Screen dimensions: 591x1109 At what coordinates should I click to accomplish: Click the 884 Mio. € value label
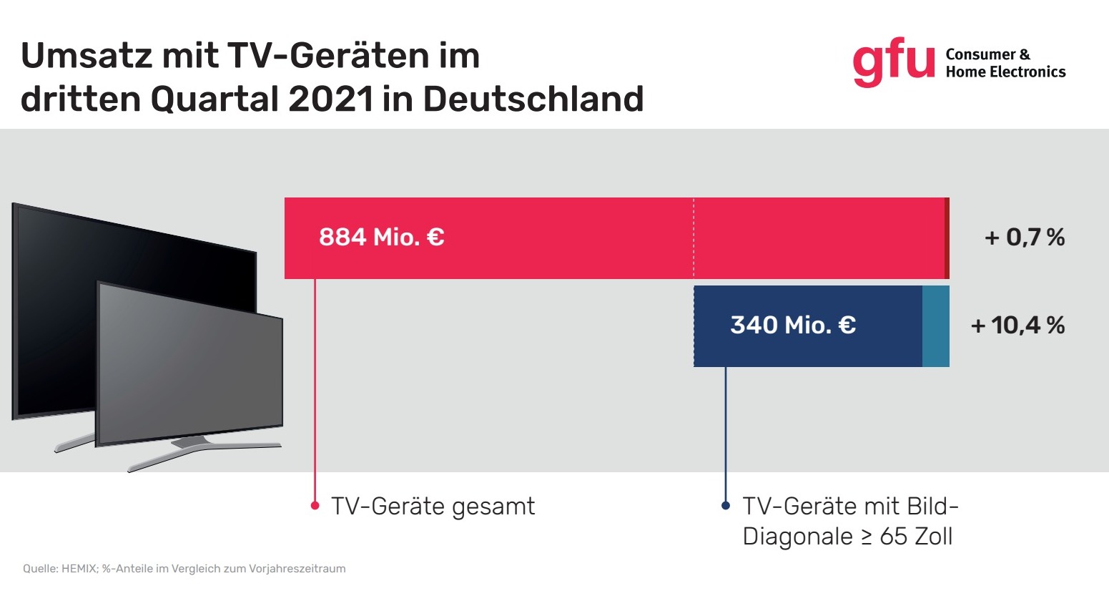[381, 237]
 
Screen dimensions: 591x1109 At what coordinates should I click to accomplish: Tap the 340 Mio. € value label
[792, 325]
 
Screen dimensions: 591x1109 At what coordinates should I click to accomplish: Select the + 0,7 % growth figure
[1024, 237]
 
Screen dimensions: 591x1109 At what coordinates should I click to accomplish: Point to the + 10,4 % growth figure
[1017, 326]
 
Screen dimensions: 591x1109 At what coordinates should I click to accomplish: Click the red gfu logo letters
[893, 63]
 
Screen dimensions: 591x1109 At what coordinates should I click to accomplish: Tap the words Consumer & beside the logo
[987, 54]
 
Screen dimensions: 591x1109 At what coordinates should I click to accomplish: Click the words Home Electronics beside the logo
[1005, 72]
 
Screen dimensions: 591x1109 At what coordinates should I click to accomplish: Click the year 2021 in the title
[330, 99]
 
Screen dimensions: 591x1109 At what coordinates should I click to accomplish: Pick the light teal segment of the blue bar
[935, 326]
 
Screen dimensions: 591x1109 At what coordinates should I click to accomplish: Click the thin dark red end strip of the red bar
[947, 238]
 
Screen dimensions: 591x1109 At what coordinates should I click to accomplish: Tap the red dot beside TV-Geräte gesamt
[315, 506]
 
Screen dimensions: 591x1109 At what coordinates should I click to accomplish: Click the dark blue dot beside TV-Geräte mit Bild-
[726, 506]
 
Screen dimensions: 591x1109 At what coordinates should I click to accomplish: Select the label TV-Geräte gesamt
[433, 507]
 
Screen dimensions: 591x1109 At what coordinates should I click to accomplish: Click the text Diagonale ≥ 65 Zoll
[847, 537]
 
